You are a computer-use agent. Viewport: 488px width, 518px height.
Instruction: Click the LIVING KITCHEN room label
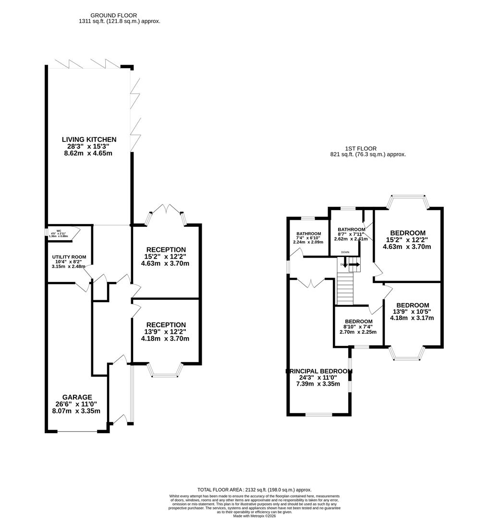[x=89, y=140]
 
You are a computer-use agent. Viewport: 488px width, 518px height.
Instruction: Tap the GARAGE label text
[x=76, y=397]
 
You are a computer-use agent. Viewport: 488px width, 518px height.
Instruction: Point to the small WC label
[x=59, y=231]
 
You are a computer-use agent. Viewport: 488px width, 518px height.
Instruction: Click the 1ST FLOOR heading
[x=367, y=149]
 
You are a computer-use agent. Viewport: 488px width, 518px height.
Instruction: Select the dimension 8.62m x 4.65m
[x=89, y=153]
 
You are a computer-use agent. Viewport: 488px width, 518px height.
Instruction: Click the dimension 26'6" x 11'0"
[x=76, y=404]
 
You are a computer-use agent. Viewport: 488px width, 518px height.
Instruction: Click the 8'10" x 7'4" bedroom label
[x=358, y=321]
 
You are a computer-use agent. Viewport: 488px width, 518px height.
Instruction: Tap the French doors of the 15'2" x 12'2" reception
[x=166, y=214]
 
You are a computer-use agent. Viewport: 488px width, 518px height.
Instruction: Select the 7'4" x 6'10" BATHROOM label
[x=308, y=234]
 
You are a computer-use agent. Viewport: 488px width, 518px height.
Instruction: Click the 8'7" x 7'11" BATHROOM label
[x=351, y=229]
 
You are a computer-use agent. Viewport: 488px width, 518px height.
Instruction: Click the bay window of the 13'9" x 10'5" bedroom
[x=407, y=353]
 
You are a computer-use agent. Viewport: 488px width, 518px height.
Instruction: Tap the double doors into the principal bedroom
[x=311, y=283]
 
